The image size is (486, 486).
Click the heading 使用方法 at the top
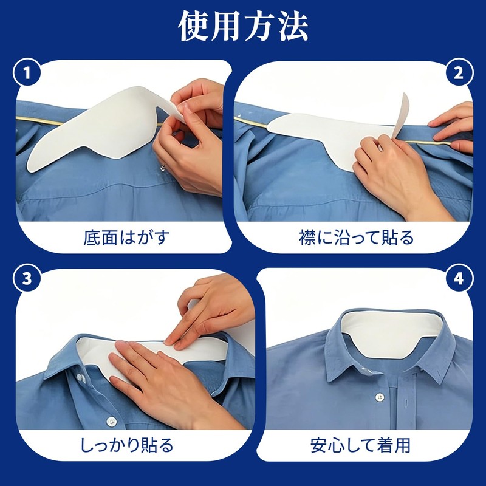(x=244, y=26)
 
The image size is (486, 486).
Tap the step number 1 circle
(x=27, y=74)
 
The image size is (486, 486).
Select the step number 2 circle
(x=459, y=74)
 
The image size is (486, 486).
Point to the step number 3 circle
(x=27, y=278)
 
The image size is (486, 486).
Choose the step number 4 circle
(x=459, y=278)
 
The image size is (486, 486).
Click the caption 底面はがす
(x=127, y=238)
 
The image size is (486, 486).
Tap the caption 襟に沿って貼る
(x=357, y=238)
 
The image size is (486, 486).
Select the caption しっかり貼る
(x=127, y=445)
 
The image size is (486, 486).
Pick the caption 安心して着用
(x=360, y=445)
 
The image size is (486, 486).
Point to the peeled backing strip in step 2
(x=400, y=115)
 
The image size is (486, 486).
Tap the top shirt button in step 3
(x=81, y=378)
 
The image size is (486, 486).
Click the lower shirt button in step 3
(x=111, y=422)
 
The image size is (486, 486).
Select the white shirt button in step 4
(x=379, y=397)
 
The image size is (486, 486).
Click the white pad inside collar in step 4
(x=391, y=333)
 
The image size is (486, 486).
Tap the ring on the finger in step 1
(x=163, y=168)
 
